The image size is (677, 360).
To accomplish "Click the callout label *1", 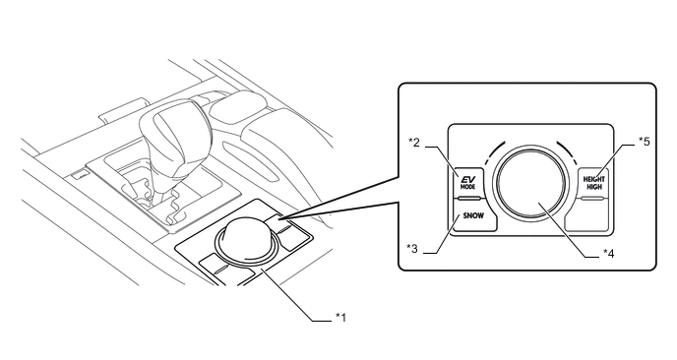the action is (x=340, y=318).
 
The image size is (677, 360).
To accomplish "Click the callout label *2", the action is (x=414, y=142).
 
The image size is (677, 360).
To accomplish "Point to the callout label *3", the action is (x=412, y=248).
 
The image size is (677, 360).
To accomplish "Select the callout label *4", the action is (x=608, y=254).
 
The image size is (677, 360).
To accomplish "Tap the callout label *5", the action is (x=644, y=142).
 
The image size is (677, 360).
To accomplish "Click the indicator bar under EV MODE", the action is (x=468, y=199).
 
